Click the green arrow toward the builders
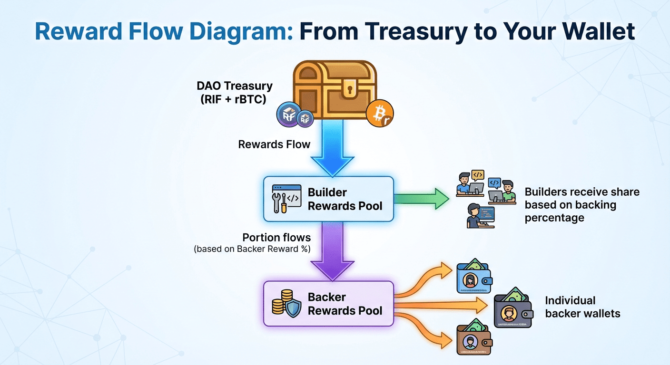[422, 199]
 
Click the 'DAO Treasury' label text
[235, 86]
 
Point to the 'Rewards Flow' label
[274, 144]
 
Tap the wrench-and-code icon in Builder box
[286, 199]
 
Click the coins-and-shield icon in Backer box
[286, 303]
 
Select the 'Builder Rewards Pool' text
[345, 199]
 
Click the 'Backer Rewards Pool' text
[345, 304]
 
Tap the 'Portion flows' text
[276, 238]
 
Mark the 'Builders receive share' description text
[581, 205]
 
